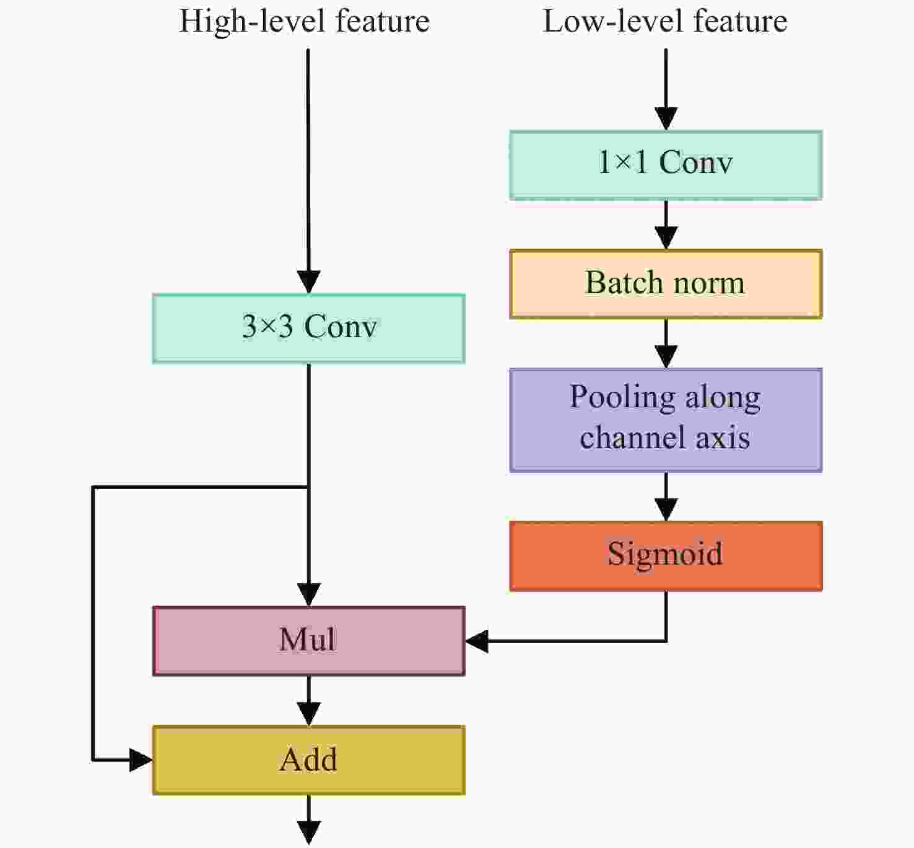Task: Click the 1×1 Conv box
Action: coord(666,165)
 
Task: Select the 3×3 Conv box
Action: coord(308,328)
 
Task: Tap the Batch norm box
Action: coord(666,284)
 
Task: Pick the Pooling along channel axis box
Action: coord(666,420)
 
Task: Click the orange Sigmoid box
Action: coord(666,556)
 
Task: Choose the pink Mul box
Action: coord(308,640)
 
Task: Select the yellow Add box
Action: coord(308,760)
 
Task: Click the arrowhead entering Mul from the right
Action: coord(476,641)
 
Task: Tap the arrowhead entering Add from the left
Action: coord(141,760)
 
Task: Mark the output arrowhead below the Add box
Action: coord(309,833)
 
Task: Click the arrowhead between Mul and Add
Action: coord(309,714)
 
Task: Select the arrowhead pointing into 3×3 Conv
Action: coord(309,282)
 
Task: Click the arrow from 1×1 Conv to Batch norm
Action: coord(666,224)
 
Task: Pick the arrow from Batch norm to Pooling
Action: coord(666,343)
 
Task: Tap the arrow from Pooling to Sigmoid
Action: coord(666,497)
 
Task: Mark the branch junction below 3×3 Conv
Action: coord(308,487)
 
